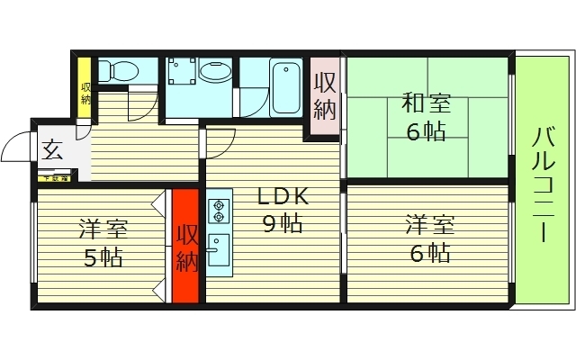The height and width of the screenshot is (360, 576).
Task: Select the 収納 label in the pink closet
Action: coord(325,97)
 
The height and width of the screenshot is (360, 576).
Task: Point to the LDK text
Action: coord(284,197)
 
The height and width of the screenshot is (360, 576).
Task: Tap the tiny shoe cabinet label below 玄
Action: coord(54,178)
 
